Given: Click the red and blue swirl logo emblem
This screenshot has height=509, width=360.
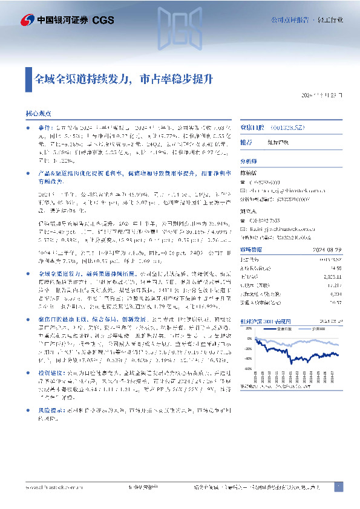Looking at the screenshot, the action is (x=27, y=20).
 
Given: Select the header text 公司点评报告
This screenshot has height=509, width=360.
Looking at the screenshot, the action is (x=288, y=20).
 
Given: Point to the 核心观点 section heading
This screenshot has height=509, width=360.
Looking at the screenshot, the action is (x=38, y=113).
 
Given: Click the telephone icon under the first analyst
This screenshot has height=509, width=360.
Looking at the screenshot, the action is (x=243, y=180).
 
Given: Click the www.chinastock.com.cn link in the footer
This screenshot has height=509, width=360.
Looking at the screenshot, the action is (x=48, y=487).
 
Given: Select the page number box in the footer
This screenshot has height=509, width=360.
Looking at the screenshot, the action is (x=338, y=487).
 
